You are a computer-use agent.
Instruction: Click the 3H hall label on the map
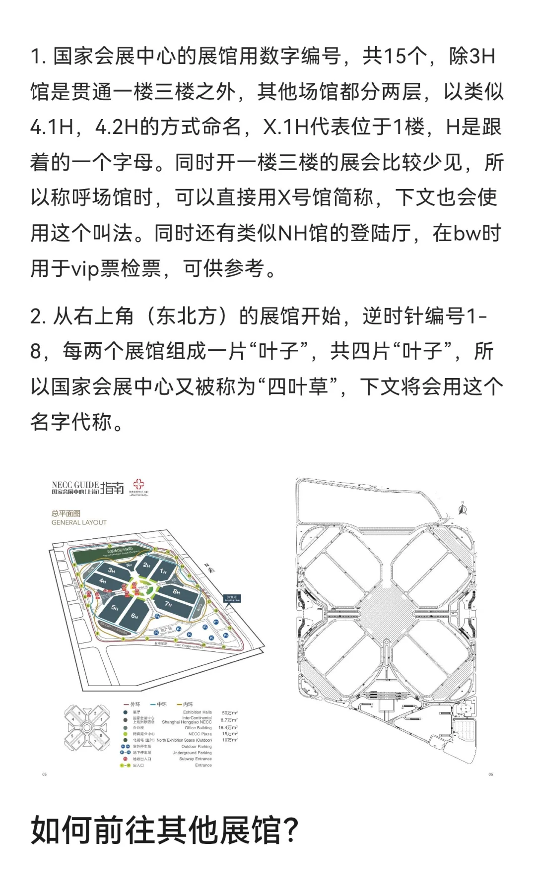point(112,571)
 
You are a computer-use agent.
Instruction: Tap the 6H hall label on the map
point(134,616)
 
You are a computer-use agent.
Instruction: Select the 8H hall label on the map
point(176,591)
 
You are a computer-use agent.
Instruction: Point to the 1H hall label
point(163,572)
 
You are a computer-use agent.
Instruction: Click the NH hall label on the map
point(129,565)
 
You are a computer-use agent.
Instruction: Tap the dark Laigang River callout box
point(232,598)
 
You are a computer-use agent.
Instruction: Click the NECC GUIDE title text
point(75,485)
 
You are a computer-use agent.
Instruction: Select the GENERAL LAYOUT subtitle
point(79,522)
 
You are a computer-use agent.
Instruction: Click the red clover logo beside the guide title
point(138,485)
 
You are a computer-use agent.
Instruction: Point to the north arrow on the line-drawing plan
point(463,509)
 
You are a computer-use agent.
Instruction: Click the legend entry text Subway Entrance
point(195,759)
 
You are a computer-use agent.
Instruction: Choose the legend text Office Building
point(198,728)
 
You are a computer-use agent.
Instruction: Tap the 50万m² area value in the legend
point(229,712)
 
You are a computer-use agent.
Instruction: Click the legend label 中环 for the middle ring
point(161,704)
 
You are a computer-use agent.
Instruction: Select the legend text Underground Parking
point(192,753)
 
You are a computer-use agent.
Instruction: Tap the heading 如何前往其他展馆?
point(164,830)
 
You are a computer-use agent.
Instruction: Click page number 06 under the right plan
point(490,774)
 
